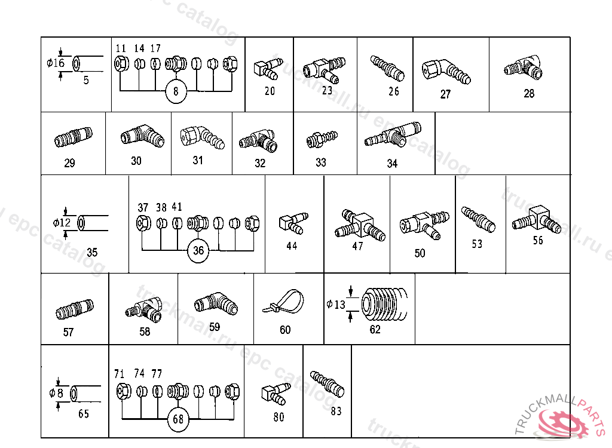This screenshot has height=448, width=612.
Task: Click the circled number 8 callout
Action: click(176, 91)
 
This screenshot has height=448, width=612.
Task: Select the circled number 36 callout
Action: click(198, 251)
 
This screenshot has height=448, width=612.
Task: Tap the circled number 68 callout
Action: click(178, 419)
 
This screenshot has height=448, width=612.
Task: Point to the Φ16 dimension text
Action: click(56, 63)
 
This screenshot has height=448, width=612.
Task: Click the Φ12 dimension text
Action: click(62, 223)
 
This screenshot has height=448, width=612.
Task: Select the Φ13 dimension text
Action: click(336, 305)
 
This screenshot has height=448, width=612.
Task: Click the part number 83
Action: click(336, 411)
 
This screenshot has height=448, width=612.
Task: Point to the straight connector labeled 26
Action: click(387, 67)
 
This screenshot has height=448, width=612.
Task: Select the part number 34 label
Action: click(392, 164)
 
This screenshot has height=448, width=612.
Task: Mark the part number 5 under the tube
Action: click(86, 81)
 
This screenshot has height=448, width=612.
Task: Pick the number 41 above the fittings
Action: click(177, 207)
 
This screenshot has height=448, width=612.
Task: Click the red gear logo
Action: click(564, 425)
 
